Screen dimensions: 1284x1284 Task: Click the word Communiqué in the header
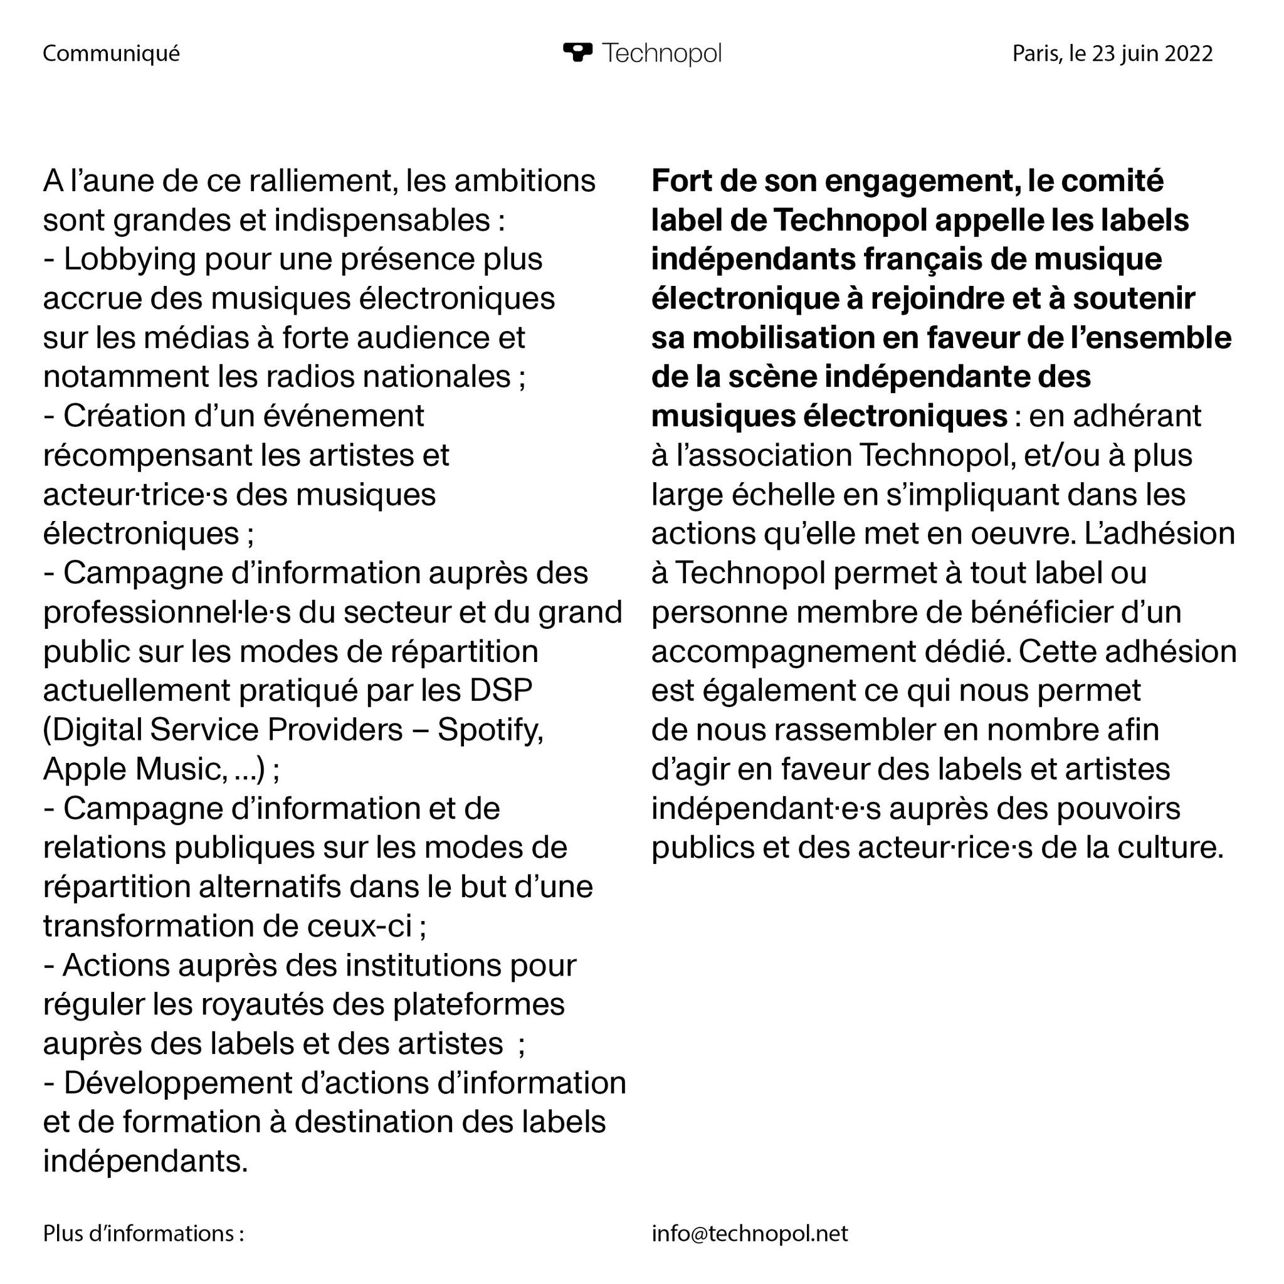click(111, 53)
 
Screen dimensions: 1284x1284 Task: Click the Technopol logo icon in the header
click(577, 52)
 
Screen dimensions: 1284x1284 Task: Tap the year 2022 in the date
click(1189, 53)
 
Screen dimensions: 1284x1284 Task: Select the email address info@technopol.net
click(750, 1233)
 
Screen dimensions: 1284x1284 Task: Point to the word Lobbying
click(130, 259)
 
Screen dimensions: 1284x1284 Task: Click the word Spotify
click(490, 730)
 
